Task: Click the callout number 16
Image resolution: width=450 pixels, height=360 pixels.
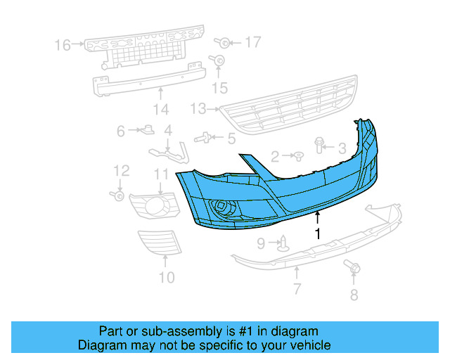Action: click(x=63, y=45)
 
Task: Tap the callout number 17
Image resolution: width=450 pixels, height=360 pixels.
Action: click(x=252, y=43)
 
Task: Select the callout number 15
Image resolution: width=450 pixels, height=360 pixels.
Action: click(x=221, y=87)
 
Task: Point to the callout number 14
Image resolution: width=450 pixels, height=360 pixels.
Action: click(x=161, y=110)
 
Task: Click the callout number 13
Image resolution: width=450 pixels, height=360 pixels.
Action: click(x=198, y=109)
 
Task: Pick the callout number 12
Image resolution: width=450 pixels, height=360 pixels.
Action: click(x=121, y=170)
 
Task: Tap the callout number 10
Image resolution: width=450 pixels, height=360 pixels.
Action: click(x=166, y=277)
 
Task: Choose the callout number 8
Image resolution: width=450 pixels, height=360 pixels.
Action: click(x=354, y=295)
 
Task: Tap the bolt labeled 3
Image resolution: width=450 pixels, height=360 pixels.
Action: click(x=321, y=145)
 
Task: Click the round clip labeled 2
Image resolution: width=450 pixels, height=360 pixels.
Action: click(x=297, y=154)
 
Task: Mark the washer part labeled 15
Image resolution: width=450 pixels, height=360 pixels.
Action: click(x=219, y=62)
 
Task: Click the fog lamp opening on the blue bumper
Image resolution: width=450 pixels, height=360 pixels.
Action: click(x=224, y=207)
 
